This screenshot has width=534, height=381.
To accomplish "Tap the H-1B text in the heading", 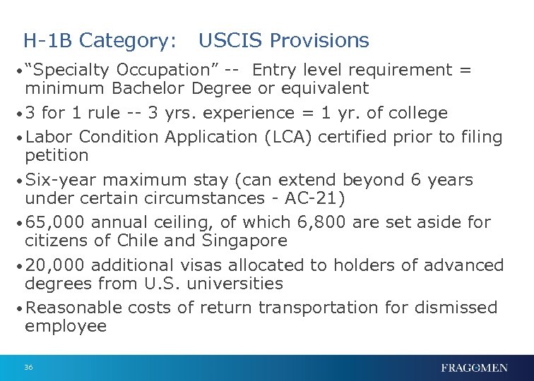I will click(49, 41).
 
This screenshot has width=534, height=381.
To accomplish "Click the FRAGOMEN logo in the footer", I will click(474, 368).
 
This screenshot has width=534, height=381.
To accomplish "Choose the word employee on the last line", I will click(66, 326).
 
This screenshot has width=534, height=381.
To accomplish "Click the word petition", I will click(57, 155).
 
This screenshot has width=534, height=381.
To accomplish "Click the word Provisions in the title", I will click(319, 41).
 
